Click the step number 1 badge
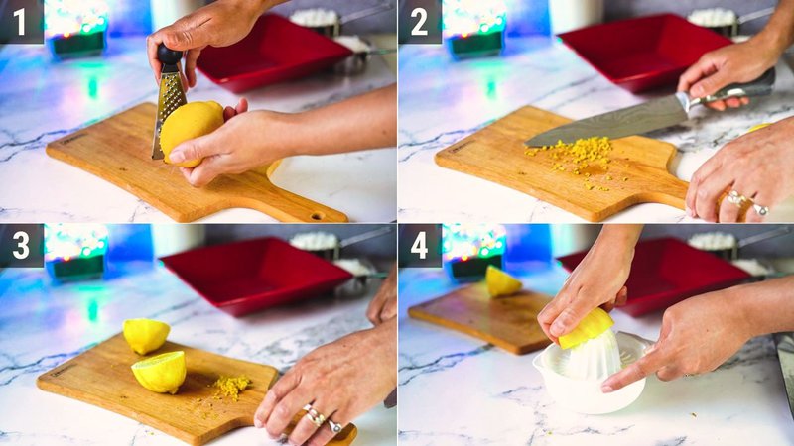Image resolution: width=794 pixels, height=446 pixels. coord(21,21)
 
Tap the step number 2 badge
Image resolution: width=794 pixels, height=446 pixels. coord(420,21)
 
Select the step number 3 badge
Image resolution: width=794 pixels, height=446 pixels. coord(21,245)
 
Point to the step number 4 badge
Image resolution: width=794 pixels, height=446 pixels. coord(420,245)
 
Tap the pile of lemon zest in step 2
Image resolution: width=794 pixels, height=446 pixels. coord(581,156)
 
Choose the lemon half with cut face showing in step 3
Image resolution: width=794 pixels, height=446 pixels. coord(160,372)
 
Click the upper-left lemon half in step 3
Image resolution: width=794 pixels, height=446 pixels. coord(146,336)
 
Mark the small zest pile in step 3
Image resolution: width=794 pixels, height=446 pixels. coord(232,386)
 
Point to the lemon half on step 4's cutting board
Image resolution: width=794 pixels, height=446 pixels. coord(502,281)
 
